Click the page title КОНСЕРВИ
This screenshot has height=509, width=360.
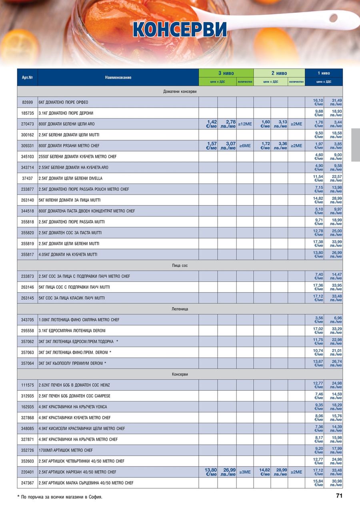(180, 29)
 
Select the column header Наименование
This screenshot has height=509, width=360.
(118, 77)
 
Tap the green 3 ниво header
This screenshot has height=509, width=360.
(226, 73)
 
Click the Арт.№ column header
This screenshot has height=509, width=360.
(27, 77)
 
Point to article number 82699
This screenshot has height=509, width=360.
(27, 102)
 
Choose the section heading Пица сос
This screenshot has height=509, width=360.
(180, 265)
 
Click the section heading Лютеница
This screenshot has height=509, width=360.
(180, 309)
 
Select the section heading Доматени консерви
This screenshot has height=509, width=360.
(180, 92)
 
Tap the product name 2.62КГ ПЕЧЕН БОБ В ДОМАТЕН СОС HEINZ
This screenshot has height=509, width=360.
(74, 385)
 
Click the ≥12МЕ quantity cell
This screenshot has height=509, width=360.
(245, 124)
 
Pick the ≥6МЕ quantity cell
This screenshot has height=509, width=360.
(245, 146)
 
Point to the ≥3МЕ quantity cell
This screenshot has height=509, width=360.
(245, 472)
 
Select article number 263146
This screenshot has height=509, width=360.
(27, 287)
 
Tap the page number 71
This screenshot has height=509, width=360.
(339, 496)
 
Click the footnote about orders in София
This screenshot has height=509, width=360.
(60, 497)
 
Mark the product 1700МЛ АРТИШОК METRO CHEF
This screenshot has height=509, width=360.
(66, 450)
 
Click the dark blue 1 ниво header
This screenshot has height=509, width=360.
(324, 73)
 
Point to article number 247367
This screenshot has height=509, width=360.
(27, 483)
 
